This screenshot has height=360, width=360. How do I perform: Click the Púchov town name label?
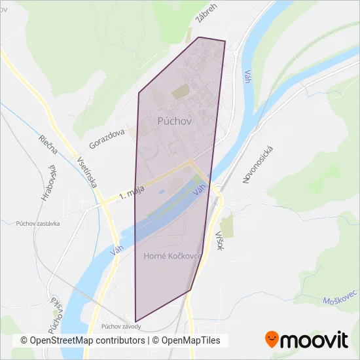click(x=173, y=121)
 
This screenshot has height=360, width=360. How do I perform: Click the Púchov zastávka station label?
click(x=38, y=223)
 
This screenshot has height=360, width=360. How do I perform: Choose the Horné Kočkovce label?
click(x=172, y=256)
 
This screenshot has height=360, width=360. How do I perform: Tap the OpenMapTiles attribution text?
click(x=191, y=340)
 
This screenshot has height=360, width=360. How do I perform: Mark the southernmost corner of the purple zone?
click(x=135, y=321)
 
